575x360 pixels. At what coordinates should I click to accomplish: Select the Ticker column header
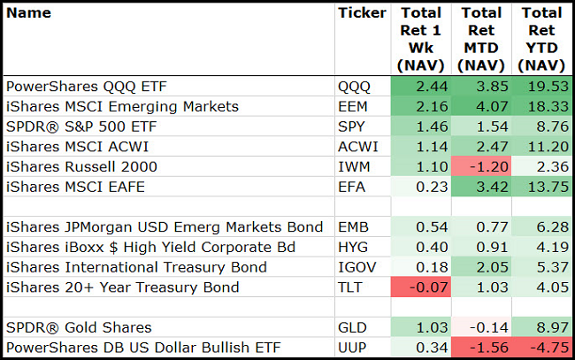point(362,13)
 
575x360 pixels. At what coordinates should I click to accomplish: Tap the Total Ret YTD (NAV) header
point(541,39)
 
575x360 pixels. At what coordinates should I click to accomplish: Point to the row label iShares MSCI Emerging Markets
point(122,106)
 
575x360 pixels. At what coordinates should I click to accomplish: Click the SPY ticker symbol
point(352,126)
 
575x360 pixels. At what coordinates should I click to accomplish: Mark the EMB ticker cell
point(353,226)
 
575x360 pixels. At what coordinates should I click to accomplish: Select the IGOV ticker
point(356,266)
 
